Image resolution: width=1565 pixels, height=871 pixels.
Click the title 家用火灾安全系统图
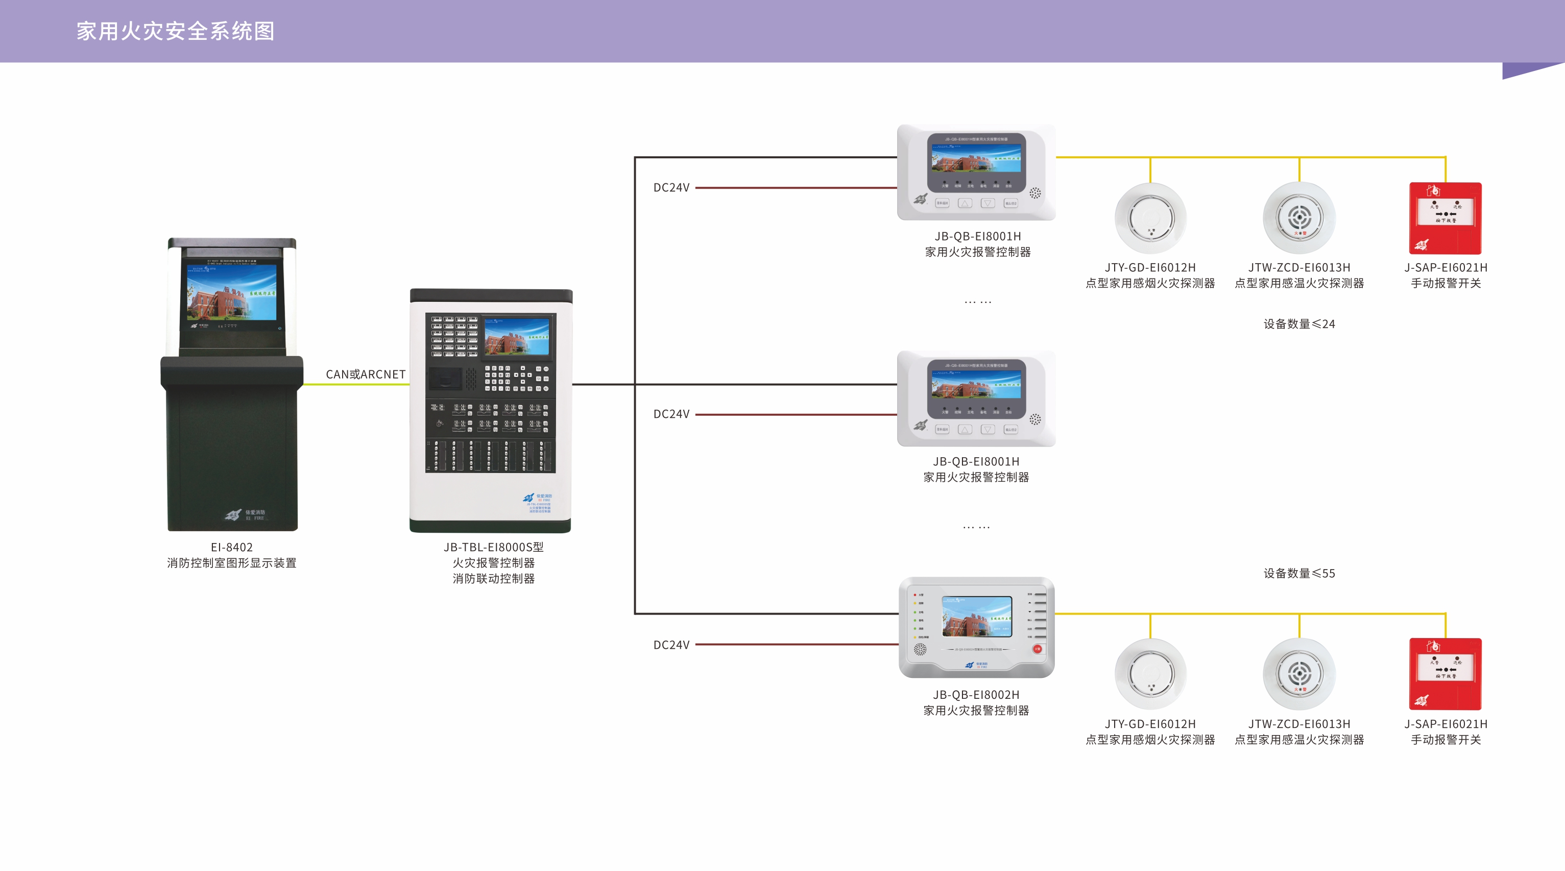point(176,31)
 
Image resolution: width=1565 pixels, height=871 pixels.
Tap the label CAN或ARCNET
point(365,374)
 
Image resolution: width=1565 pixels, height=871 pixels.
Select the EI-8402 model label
point(231,547)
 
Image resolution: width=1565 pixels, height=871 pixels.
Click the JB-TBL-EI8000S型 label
point(493,547)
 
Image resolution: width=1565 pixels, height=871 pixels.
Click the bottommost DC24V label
point(671,645)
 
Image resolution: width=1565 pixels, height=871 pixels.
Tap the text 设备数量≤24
point(1299,324)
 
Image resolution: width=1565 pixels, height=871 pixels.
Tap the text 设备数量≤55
point(1299,573)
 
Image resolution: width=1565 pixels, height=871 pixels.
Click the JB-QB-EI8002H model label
point(976,695)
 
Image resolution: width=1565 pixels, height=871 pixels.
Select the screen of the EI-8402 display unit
point(231,292)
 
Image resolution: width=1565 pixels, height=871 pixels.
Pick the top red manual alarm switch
point(1446,218)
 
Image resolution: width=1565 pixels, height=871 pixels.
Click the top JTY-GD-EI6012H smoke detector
point(1150,218)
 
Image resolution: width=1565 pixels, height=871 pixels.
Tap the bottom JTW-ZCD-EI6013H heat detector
point(1299,673)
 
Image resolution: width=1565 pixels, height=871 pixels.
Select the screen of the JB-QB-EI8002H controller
point(977,616)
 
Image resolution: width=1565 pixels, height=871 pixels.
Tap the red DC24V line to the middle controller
point(796,414)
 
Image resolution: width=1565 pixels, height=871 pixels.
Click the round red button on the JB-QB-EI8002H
point(1037,649)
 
